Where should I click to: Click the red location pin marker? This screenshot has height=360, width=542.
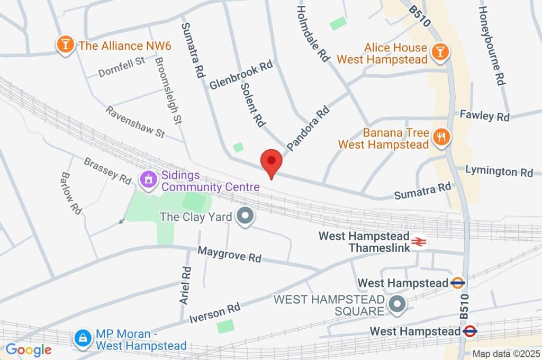pos(272,162)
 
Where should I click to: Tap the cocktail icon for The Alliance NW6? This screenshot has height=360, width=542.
pos(65,45)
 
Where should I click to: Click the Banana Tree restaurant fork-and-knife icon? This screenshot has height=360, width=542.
pos(441,137)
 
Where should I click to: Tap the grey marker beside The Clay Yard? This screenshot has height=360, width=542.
pos(245,217)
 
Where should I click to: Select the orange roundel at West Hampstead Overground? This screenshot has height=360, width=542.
pos(458,283)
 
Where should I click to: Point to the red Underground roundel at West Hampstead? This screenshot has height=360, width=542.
pos(469,331)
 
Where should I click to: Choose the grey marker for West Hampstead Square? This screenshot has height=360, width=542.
pos(396,304)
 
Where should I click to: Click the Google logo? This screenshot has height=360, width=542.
pos(28,350)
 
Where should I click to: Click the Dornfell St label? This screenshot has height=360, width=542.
pos(122,67)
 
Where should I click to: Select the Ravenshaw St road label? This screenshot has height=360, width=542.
pos(135,122)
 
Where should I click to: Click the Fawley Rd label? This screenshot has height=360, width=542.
pos(484,115)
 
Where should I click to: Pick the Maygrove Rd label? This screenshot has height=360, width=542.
pos(229,254)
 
